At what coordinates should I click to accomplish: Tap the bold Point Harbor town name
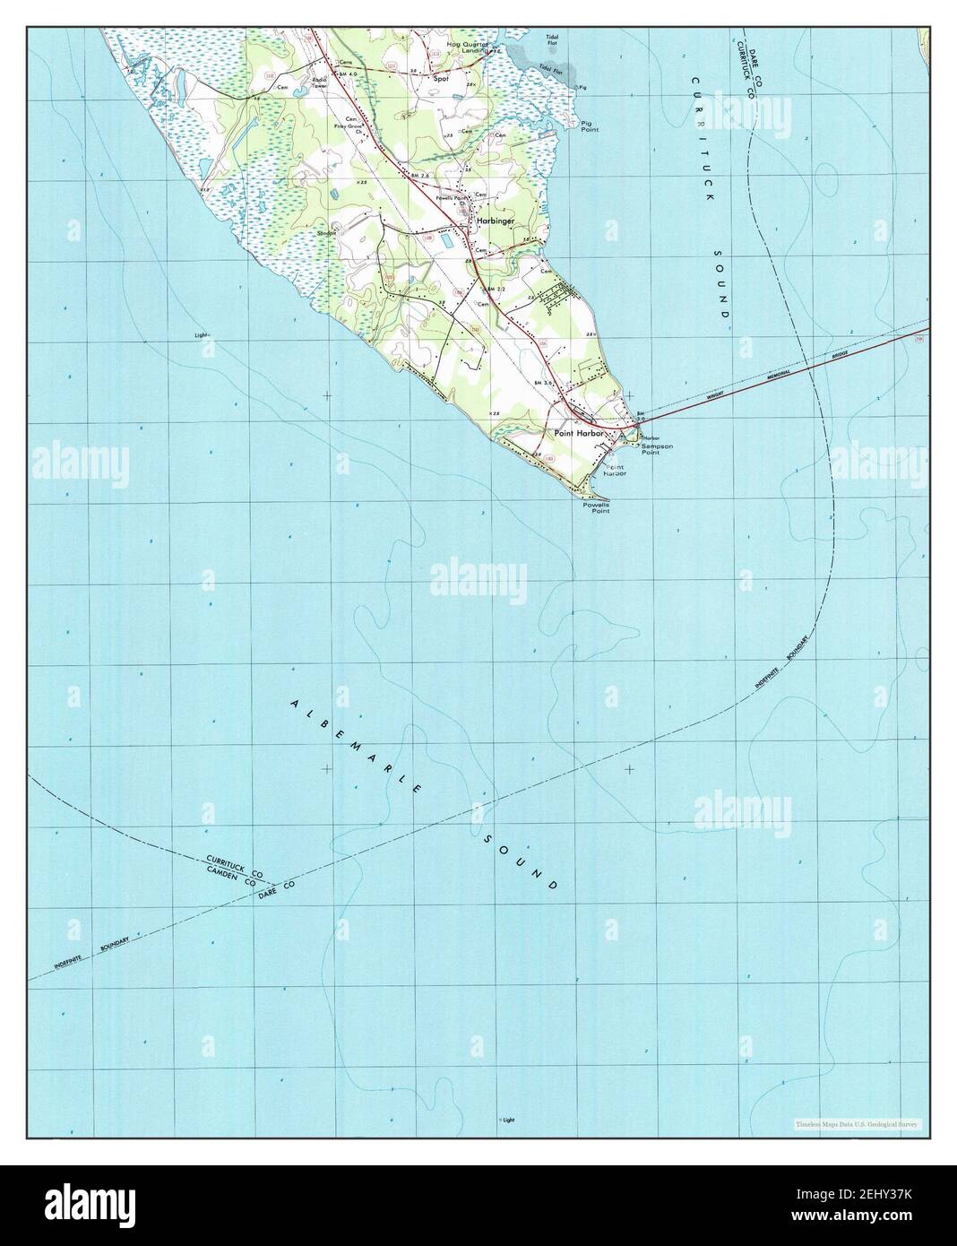[x=581, y=433]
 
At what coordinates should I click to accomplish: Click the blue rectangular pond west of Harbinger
[x=445, y=240]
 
